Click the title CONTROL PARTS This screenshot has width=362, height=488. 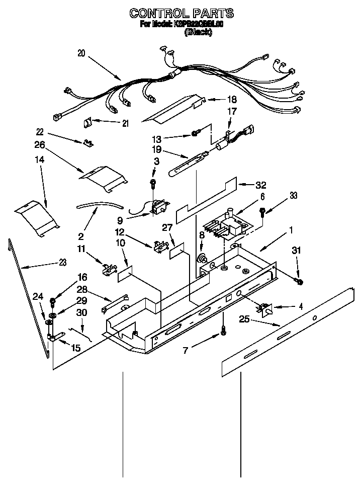(181, 13)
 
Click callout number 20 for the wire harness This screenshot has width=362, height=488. (82, 52)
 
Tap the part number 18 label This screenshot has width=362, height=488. (232, 100)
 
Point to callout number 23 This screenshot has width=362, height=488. (63, 261)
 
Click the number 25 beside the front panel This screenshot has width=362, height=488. (244, 318)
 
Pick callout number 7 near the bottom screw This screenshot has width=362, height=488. (186, 351)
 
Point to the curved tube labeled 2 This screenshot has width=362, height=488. (100, 206)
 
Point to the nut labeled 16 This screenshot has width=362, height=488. (53, 301)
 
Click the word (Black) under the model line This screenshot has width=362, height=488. (198, 32)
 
